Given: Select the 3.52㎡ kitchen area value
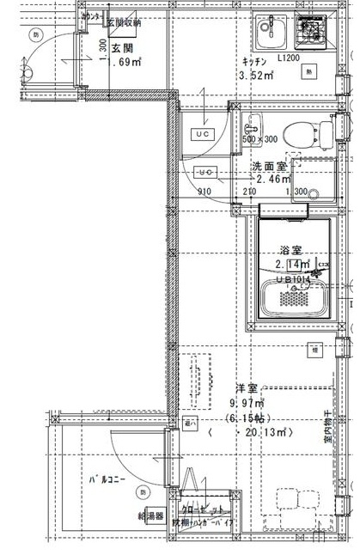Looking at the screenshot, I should [x=256, y=76].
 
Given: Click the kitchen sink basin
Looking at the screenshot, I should [x=269, y=33].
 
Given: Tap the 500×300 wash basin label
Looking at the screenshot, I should [x=259, y=138].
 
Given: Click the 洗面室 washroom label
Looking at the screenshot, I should [x=268, y=166].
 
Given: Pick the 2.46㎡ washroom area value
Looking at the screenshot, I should [x=272, y=180].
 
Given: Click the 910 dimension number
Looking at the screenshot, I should [x=204, y=192].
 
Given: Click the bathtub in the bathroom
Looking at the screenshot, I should [x=292, y=300].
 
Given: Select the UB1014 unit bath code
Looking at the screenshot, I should [x=293, y=278].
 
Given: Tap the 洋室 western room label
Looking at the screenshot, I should [x=245, y=388].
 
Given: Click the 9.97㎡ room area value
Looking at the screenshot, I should [x=247, y=403].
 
